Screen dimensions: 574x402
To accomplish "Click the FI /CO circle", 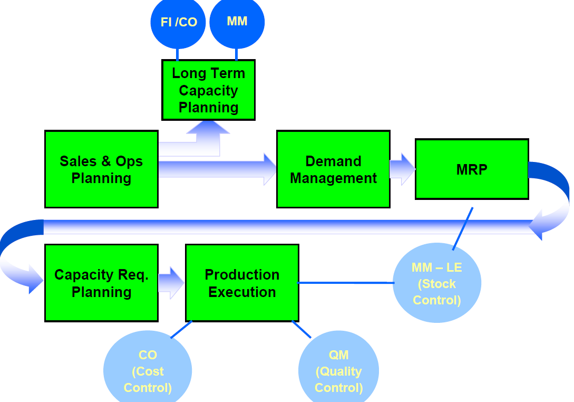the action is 178,22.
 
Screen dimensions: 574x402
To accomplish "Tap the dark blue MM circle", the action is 237,22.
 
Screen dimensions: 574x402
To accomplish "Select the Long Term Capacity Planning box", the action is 209,90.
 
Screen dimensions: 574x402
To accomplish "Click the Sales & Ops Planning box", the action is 101,169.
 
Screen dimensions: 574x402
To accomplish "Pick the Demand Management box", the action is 334,169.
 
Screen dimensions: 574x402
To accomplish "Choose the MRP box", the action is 472,169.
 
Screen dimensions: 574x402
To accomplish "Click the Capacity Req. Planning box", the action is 101,283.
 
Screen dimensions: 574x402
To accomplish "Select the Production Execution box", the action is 242,283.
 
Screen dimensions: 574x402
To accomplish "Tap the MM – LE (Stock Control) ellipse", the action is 437,283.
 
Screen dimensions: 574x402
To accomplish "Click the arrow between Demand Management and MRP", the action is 403,169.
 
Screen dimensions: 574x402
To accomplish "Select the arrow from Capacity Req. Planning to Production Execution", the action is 171,283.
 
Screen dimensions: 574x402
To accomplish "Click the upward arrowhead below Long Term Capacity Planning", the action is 208,127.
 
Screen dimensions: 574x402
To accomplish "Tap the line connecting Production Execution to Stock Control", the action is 346,283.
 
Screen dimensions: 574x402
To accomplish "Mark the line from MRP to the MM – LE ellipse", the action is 463,229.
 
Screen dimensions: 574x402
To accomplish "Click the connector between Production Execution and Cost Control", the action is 181,329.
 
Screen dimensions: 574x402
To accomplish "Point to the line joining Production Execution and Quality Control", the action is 301,329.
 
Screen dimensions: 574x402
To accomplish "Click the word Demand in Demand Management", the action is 334,161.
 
